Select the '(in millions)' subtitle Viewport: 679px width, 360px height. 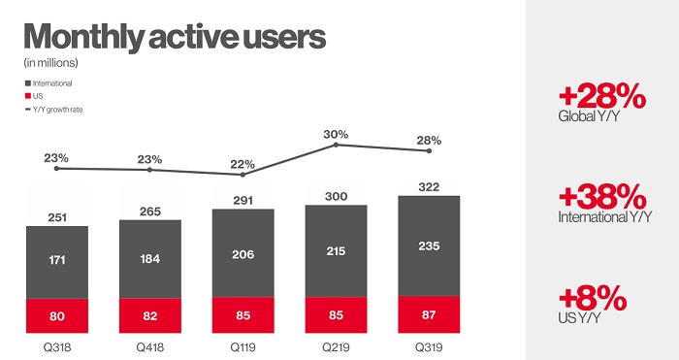[50, 63]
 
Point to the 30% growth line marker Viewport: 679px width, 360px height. [336, 145]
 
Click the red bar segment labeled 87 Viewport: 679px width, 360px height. [429, 313]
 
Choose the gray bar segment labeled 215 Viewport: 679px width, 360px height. [336, 250]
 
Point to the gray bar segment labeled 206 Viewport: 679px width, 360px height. [242, 254]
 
